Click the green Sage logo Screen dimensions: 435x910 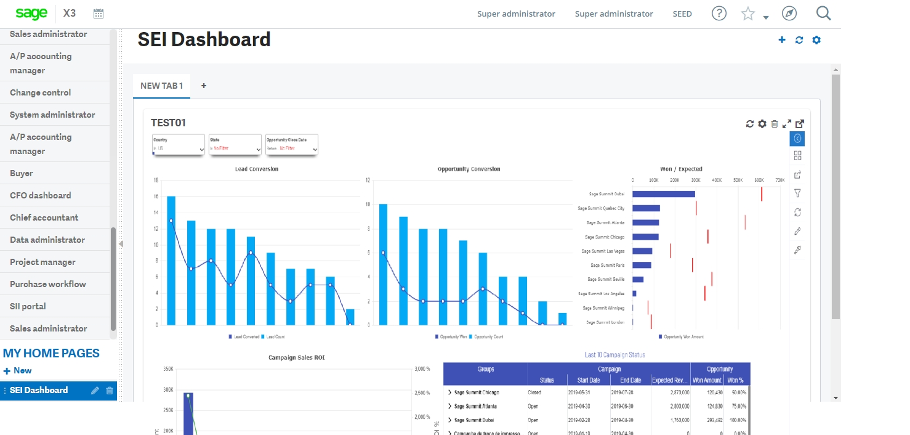click(x=31, y=14)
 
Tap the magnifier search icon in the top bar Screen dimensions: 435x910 click(x=823, y=14)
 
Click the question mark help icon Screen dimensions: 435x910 click(x=719, y=14)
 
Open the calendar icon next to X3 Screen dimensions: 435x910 click(x=99, y=14)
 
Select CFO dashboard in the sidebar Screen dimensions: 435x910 click(x=41, y=195)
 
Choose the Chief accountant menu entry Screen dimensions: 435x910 click(x=44, y=218)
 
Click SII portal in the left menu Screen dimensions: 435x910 click(x=28, y=306)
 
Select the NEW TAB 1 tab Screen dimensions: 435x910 click(x=161, y=86)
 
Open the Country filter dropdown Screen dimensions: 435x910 click(x=179, y=145)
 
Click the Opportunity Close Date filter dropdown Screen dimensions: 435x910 click(x=292, y=145)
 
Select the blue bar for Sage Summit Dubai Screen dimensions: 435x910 click(x=664, y=194)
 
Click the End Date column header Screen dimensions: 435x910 click(x=630, y=380)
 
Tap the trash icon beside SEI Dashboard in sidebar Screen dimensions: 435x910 click(x=110, y=390)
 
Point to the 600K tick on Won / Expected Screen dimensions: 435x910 click(x=759, y=180)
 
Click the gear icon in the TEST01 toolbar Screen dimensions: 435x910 click(x=762, y=124)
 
